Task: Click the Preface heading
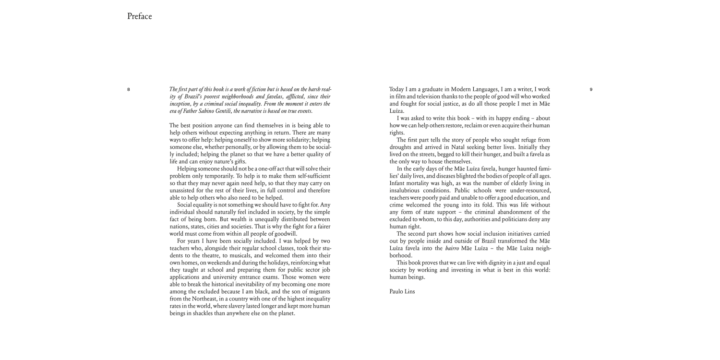[139, 16]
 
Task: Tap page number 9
[591, 89]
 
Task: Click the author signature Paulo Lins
[401, 291]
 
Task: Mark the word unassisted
[184, 191]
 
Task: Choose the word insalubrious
[407, 191]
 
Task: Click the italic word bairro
[452, 248]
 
